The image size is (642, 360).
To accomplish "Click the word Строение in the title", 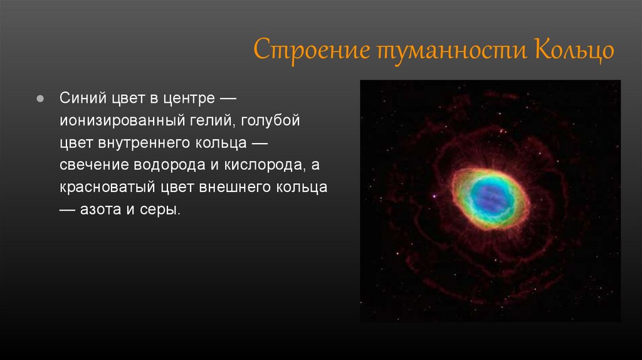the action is pyautogui.click(x=312, y=50).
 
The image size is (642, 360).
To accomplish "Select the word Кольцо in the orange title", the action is pyautogui.click(x=574, y=50).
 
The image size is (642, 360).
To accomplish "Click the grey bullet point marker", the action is pyautogui.click(x=40, y=98).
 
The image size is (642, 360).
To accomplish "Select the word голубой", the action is pyautogui.click(x=271, y=120).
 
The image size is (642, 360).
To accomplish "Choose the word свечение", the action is pyautogui.click(x=94, y=165).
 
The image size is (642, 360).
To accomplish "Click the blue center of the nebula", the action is pyautogui.click(x=489, y=198).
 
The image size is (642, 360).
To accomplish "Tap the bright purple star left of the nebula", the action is pyautogui.click(x=434, y=196).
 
